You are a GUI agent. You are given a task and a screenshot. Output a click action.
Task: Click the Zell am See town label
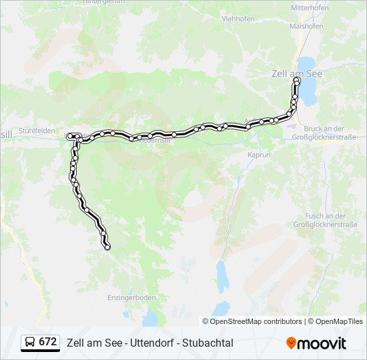point(296,74)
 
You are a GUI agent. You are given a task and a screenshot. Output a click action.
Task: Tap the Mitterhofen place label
point(310,8)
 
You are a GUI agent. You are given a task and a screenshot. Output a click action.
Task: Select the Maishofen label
point(306,26)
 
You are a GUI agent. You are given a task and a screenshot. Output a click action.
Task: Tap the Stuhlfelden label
point(38,131)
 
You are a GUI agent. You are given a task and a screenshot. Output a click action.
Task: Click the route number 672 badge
point(47,342)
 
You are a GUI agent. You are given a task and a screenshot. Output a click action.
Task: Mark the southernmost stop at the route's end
point(107,247)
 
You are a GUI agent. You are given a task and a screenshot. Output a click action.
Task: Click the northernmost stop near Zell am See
point(297,81)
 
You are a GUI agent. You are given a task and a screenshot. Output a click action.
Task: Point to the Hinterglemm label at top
point(104,3)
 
